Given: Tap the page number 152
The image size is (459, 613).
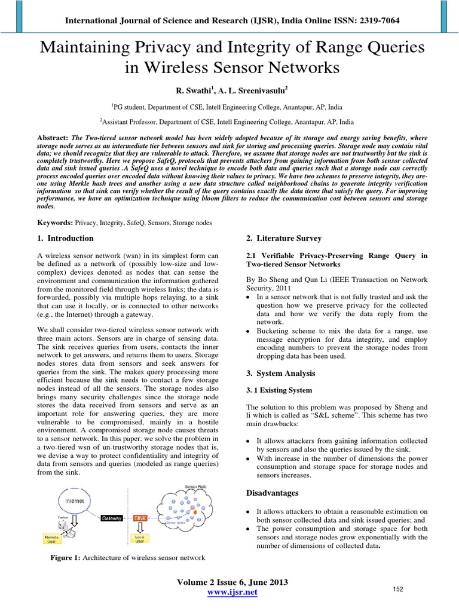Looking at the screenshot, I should point(398,590).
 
